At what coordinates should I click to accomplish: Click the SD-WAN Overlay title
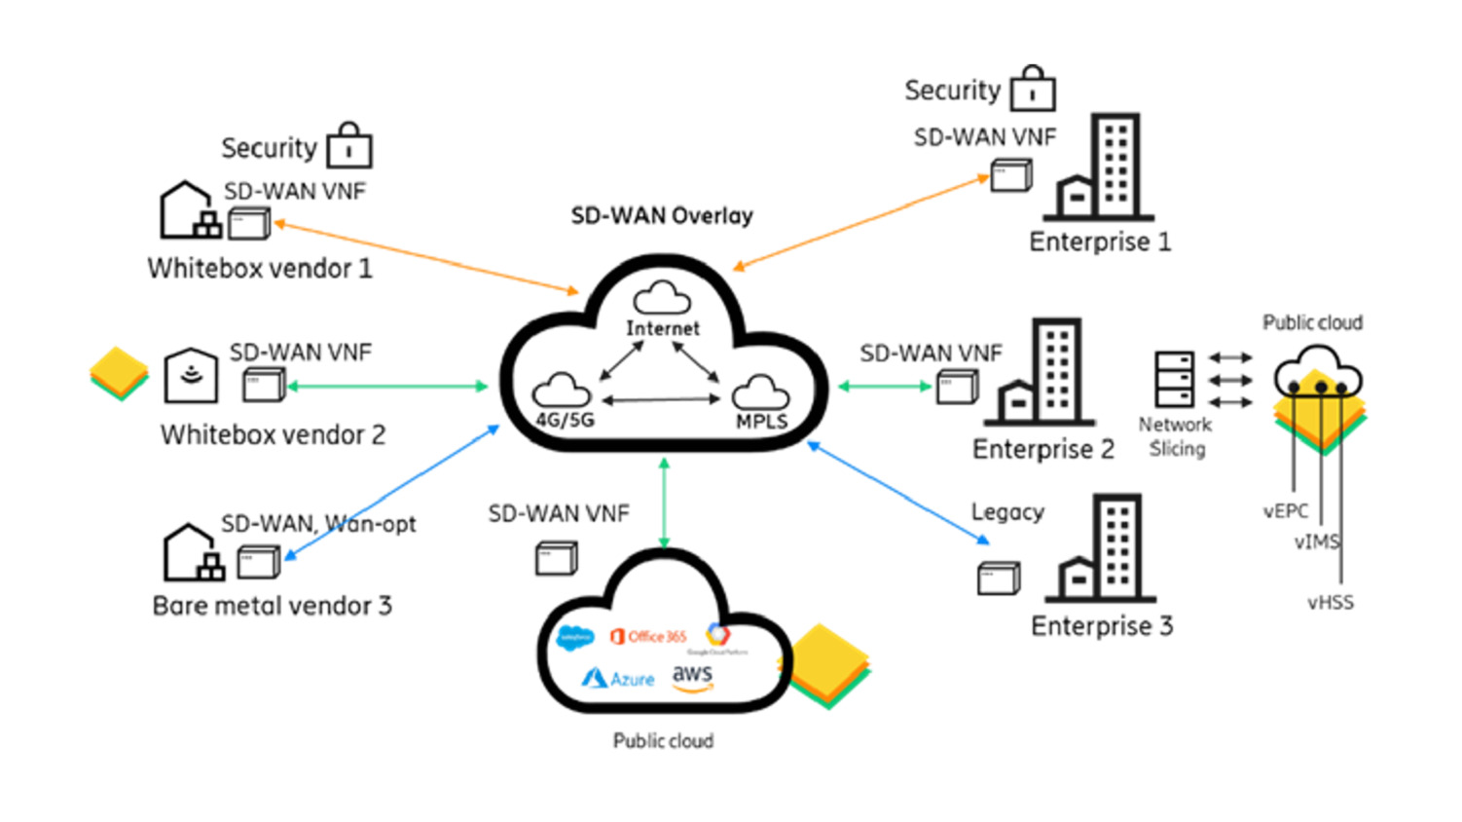click(662, 215)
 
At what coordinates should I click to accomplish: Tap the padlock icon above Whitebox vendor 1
click(349, 146)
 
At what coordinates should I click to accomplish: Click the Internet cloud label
click(662, 328)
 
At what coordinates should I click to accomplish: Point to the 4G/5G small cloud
click(562, 392)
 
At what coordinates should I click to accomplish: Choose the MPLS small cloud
click(760, 393)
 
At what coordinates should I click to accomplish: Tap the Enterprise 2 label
click(1042, 449)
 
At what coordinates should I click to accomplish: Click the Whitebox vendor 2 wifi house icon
click(191, 375)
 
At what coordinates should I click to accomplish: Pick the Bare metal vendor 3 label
click(272, 606)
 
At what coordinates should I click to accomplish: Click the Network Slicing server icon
click(1174, 379)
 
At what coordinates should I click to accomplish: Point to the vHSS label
click(1330, 602)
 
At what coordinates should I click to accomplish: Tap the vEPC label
click(1285, 510)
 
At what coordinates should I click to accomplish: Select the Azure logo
click(618, 678)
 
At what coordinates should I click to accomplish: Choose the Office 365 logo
click(648, 636)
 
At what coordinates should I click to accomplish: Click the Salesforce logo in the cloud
click(575, 638)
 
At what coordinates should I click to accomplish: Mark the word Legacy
click(1007, 512)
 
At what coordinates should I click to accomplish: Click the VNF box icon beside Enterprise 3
click(999, 579)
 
